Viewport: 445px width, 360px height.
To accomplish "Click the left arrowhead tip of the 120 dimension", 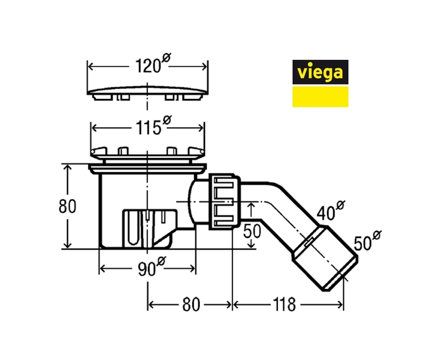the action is pyautogui.click(x=89, y=67).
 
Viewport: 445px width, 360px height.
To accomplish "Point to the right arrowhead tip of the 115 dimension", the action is pyautogui.click(x=203, y=128).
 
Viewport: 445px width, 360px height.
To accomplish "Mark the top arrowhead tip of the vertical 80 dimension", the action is pyautogui.click(x=67, y=165).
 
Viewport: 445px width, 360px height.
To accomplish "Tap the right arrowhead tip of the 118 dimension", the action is pyautogui.click(x=343, y=305).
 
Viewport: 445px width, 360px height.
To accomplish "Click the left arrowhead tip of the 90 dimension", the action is pyautogui.click(x=100, y=268).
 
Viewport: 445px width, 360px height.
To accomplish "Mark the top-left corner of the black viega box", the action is pyautogui.click(x=293, y=60).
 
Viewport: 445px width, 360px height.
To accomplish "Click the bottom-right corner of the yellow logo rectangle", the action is pyautogui.click(x=348, y=107).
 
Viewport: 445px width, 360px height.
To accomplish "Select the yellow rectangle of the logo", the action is pyautogui.click(x=320, y=97).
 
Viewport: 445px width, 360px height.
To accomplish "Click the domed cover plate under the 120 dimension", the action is pyautogui.click(x=148, y=93).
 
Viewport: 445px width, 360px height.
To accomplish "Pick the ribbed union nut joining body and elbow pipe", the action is pyautogui.click(x=225, y=202).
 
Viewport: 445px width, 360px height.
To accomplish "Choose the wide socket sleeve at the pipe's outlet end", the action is pyautogui.click(x=325, y=258).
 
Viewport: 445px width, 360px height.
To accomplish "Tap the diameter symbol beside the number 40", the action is pyautogui.click(x=340, y=205).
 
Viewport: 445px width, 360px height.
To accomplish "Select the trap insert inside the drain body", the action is pyautogui.click(x=149, y=228).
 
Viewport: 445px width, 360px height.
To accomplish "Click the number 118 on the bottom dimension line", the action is pyautogui.click(x=284, y=305).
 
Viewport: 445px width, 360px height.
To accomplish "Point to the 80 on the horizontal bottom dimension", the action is pyautogui.click(x=191, y=305).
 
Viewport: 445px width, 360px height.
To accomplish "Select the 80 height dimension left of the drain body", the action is pyautogui.click(x=67, y=206).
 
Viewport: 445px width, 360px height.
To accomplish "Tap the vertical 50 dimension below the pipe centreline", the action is pyautogui.click(x=252, y=231).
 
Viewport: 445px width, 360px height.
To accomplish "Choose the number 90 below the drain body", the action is pyautogui.click(x=147, y=269).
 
